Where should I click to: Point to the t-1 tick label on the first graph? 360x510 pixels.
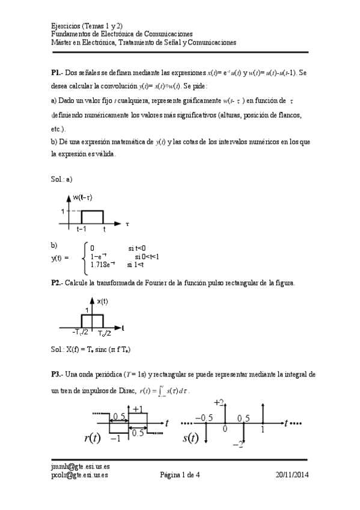(82, 230)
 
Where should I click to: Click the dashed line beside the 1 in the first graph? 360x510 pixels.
(73, 211)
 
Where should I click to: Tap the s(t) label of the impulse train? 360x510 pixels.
(191, 438)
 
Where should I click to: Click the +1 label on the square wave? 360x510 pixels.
(138, 409)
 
